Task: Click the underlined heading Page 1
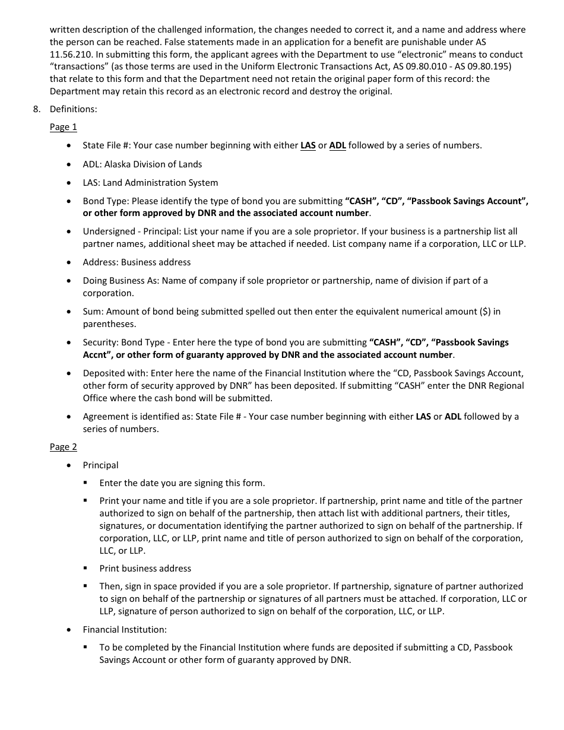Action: tap(63, 127)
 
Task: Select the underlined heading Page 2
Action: tap(63, 447)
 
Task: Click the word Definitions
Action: tap(73, 109)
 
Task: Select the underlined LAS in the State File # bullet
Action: tap(308, 145)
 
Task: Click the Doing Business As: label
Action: tap(121, 281)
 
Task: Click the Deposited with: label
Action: tap(115, 373)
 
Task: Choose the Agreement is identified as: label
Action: tap(138, 417)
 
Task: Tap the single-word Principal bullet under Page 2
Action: tap(100, 465)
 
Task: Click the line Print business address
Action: tap(145, 569)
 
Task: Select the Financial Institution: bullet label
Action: tap(125, 630)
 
